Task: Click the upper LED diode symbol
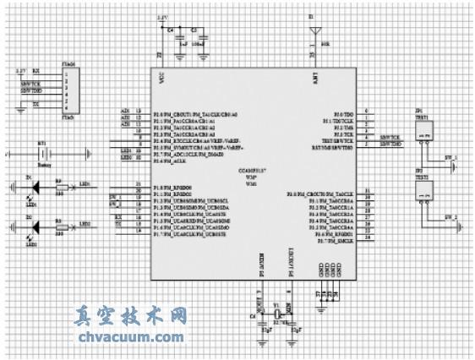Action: [35, 184]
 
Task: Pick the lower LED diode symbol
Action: [35, 226]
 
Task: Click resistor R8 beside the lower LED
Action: [60, 226]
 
